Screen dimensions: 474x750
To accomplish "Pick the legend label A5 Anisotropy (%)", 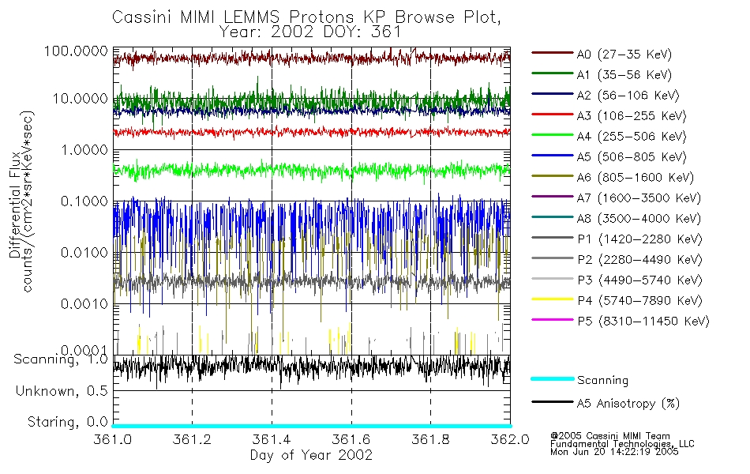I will [628, 404].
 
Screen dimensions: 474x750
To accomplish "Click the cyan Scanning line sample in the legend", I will [552, 379].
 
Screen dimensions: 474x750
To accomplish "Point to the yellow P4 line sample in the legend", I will [552, 300].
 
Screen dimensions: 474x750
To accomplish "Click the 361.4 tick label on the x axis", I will [272, 440].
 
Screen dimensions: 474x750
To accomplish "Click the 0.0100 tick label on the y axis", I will [82, 253].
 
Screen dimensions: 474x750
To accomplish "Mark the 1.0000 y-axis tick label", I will [82, 150].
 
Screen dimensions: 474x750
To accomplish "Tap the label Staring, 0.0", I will [67, 421].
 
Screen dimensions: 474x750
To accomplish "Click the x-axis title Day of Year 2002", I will [311, 455].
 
